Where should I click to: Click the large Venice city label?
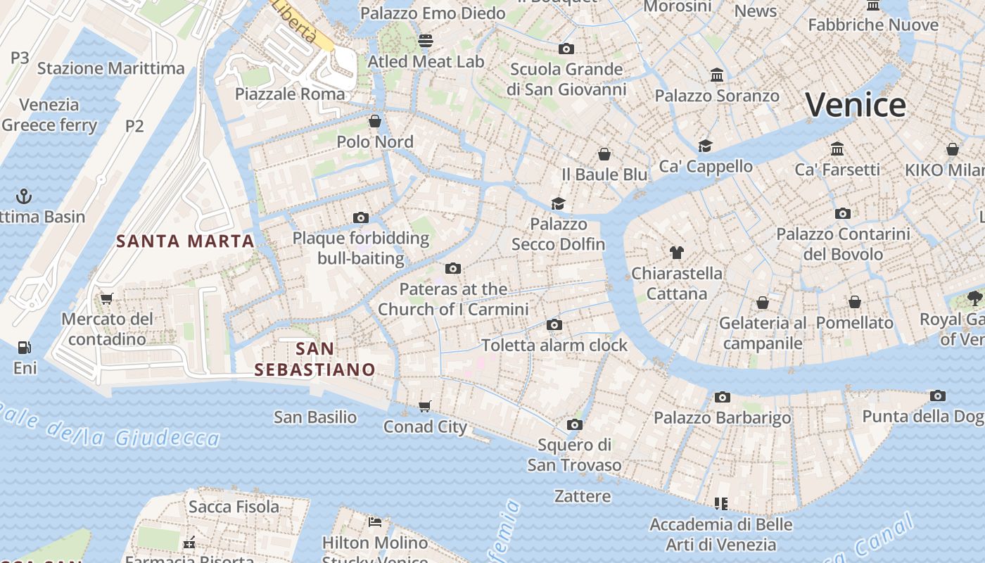tap(856, 105)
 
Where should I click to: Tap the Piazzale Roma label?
tap(290, 94)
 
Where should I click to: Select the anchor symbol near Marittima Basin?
tap(25, 196)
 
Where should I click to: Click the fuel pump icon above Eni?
tap(25, 347)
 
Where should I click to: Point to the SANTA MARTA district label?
tap(185, 241)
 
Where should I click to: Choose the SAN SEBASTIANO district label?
tap(314, 359)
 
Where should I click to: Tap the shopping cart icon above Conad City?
tap(425, 406)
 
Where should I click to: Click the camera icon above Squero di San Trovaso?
tap(575, 424)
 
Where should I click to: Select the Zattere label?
tap(583, 496)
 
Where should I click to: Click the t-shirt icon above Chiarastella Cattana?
tap(677, 252)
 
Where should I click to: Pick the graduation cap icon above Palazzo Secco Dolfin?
tap(558, 203)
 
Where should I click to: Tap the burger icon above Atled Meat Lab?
tap(426, 41)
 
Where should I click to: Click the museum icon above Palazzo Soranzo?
tap(717, 75)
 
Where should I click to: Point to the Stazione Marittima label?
tap(110, 68)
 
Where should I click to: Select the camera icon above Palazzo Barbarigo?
tap(723, 397)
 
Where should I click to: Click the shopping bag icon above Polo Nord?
tap(375, 121)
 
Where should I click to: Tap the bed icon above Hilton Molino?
tap(375, 522)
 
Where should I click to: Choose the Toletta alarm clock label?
tap(554, 345)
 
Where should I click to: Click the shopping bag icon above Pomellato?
tap(855, 302)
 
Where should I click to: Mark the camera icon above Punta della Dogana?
tap(938, 396)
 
